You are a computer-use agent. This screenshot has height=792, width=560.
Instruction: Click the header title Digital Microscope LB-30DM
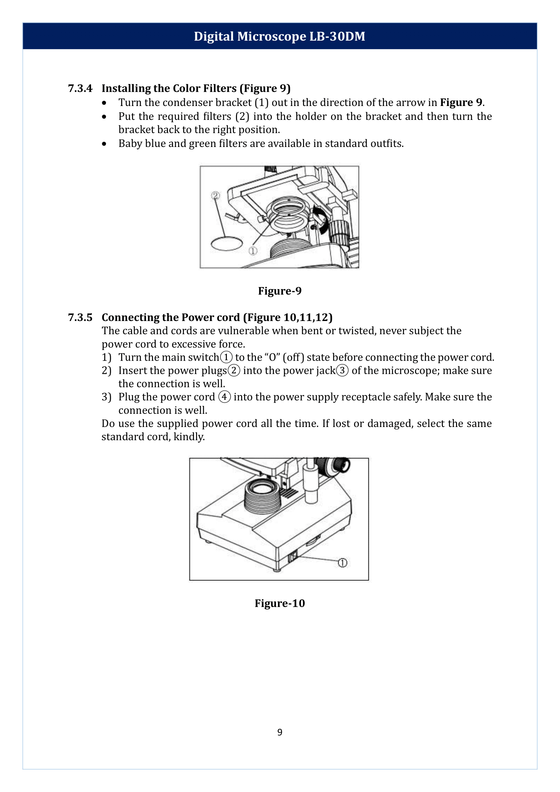click(x=279, y=36)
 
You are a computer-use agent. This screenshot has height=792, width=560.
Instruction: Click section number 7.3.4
click(x=80, y=88)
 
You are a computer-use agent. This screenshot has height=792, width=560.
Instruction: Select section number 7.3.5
click(x=80, y=317)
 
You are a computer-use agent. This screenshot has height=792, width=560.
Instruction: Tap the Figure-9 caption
click(x=280, y=291)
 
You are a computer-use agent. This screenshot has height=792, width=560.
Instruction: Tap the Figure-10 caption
click(x=280, y=603)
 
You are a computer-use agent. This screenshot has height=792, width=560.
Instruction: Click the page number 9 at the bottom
click(x=280, y=732)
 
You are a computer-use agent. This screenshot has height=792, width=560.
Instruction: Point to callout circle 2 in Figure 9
click(x=216, y=196)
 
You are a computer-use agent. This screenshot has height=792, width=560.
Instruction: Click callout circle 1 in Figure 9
click(x=253, y=251)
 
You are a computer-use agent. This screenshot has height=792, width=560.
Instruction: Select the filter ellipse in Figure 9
click(x=227, y=243)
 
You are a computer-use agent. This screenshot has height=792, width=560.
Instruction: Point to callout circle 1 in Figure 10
click(x=342, y=563)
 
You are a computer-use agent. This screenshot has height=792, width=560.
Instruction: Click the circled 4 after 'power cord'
click(x=224, y=397)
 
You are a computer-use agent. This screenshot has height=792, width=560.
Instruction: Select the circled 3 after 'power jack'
click(x=342, y=370)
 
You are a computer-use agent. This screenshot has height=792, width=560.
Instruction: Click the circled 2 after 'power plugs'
click(x=234, y=370)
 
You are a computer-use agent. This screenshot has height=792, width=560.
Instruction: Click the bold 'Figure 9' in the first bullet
click(x=461, y=103)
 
